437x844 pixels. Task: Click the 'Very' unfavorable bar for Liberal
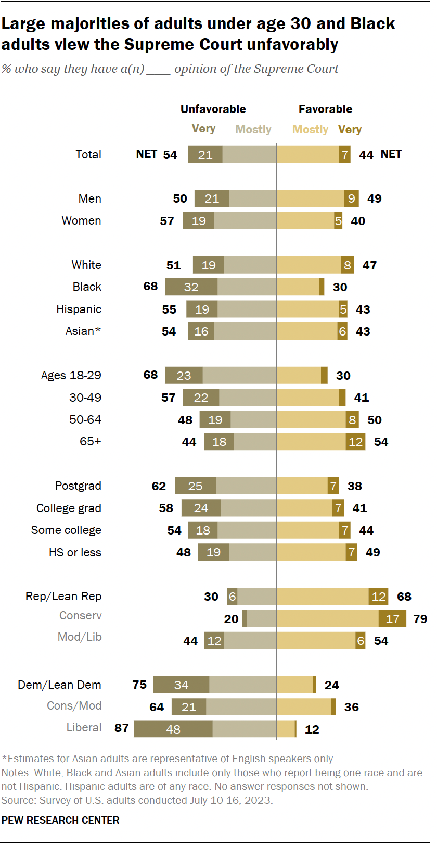[173, 729]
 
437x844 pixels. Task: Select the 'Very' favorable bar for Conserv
[392, 618]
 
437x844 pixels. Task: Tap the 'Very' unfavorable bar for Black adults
[191, 287]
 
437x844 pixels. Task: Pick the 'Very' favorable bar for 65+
[355, 442]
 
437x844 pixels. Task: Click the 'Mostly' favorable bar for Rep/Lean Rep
[323, 597]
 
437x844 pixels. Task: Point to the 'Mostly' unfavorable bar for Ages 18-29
[239, 376]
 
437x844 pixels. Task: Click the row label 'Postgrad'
[78, 486]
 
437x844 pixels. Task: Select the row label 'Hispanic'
[79, 309]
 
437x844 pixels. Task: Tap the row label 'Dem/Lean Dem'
[59, 685]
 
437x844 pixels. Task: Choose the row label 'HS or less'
[75, 552]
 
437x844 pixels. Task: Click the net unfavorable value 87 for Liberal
[122, 728]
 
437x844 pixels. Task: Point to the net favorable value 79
[420, 619]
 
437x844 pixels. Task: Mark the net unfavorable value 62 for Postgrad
[159, 486]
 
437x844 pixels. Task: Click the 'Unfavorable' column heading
[213, 109]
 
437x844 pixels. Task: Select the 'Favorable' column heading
[325, 109]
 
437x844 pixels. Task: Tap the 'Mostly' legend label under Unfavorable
[253, 130]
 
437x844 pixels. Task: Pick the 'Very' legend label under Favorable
[350, 130]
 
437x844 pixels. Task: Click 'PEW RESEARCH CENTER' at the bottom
[60, 820]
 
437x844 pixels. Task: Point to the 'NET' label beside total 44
[391, 154]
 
